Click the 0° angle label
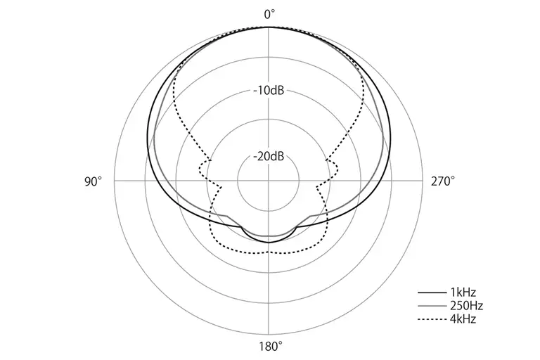[x=270, y=15]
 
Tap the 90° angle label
[x=94, y=181]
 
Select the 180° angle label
[x=271, y=346]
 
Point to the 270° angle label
[x=443, y=181]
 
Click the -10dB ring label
[x=269, y=91]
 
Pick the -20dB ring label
[x=269, y=156]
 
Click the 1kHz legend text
[x=463, y=292]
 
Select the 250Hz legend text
[x=466, y=306]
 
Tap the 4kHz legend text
[x=463, y=319]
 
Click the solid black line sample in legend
[x=432, y=292]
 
